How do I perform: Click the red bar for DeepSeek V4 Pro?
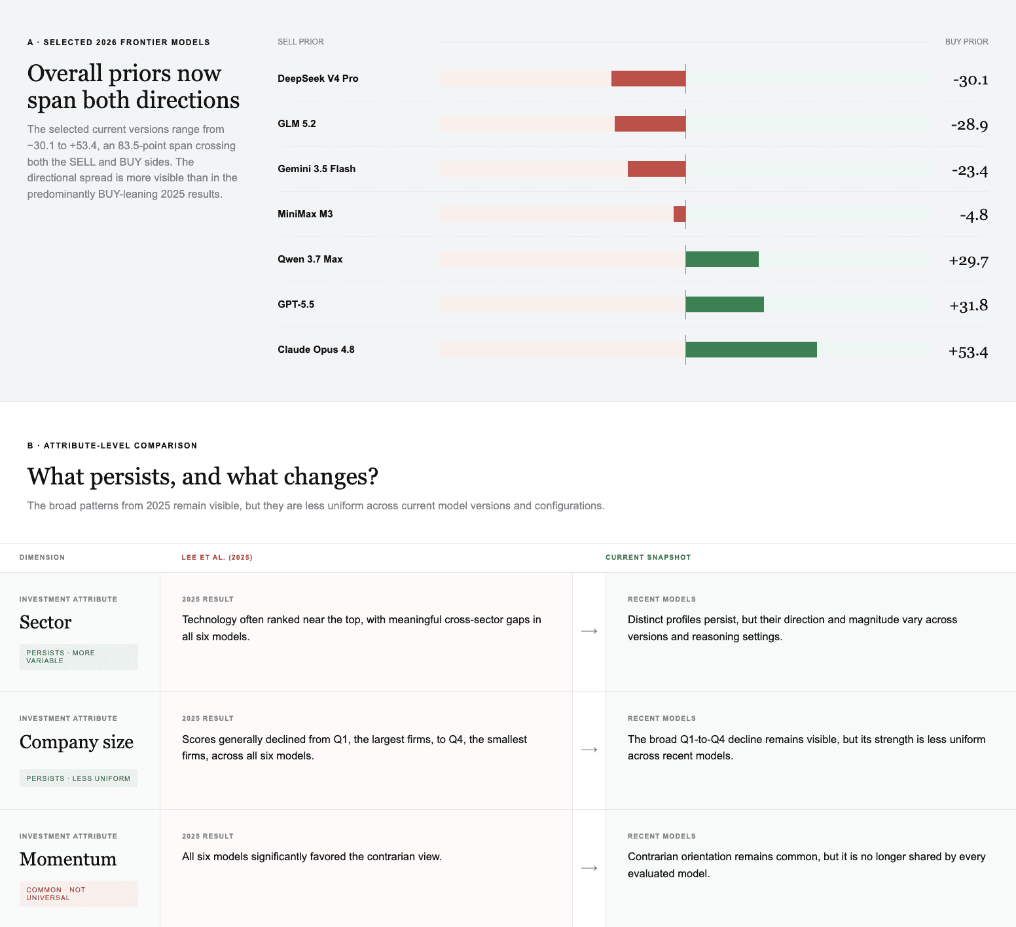click(649, 79)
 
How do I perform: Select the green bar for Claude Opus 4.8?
click(752, 350)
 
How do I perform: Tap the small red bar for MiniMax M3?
click(680, 214)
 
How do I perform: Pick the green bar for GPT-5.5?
click(725, 304)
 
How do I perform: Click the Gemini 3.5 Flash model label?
click(317, 169)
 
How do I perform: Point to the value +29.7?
click(968, 261)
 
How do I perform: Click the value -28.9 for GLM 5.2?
click(970, 124)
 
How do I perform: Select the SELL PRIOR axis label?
click(300, 42)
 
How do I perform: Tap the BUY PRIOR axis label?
click(967, 42)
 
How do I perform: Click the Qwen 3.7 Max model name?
click(310, 259)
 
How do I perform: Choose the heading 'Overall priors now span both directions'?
click(134, 86)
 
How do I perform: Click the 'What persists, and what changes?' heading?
click(203, 477)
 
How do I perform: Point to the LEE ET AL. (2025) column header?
click(217, 558)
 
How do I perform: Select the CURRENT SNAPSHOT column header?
click(648, 558)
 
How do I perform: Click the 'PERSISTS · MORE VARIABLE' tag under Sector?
click(79, 657)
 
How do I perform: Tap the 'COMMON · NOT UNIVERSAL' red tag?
click(79, 894)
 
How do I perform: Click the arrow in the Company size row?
click(589, 750)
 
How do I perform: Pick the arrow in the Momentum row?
click(589, 868)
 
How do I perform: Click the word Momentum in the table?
click(68, 859)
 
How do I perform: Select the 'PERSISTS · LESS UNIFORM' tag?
click(79, 778)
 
